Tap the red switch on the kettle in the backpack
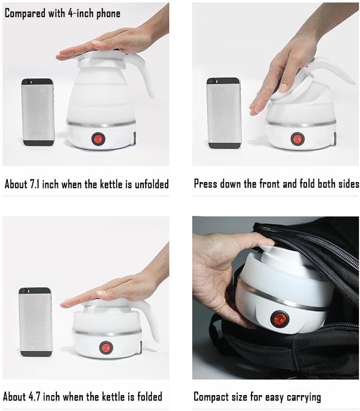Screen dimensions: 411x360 275,318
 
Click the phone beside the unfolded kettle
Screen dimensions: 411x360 38,112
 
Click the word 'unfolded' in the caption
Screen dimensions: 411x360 149,184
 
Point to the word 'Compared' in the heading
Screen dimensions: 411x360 24,13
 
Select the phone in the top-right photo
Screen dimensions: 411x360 223,113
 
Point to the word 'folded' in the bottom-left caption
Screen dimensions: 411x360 145,397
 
